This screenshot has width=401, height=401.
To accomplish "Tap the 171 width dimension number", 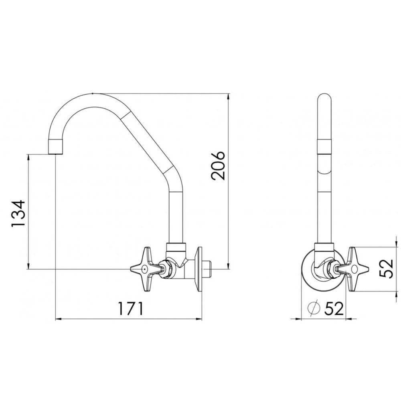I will [130, 308].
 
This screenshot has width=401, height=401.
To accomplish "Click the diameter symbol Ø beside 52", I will [314, 308].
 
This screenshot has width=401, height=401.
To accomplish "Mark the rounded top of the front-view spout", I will [324, 98].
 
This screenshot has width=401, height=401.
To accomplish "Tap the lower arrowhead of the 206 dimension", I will [229, 265].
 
